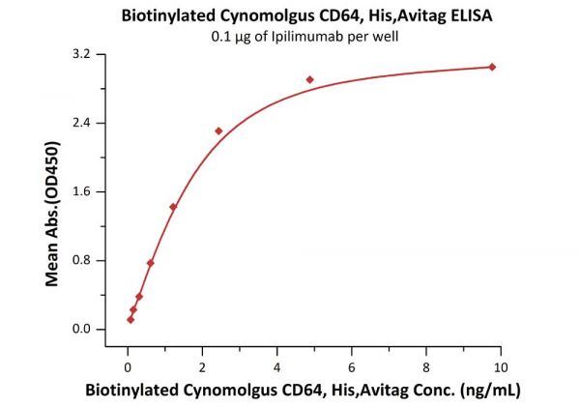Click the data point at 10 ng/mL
coord(492,67)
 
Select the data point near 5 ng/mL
coord(310,79)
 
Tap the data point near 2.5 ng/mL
coord(218,131)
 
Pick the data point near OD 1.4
coord(173,207)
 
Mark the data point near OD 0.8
coord(150,262)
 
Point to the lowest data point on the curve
coord(130,319)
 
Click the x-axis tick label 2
coord(202,367)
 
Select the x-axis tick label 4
coord(276,367)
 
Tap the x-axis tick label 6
coord(352,367)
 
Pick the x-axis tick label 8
coord(426,367)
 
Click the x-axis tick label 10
coord(500,367)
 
